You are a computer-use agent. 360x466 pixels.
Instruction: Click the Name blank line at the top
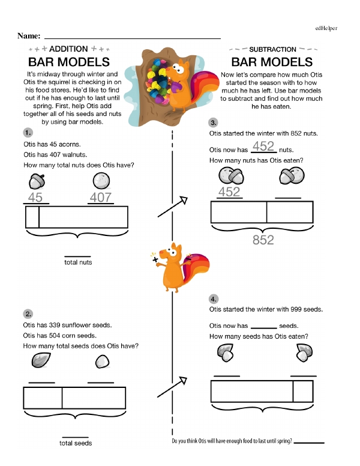[x=132, y=38]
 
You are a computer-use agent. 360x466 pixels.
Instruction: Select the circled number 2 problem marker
[x=28, y=313]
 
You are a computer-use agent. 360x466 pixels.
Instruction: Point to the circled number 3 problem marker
[x=214, y=122]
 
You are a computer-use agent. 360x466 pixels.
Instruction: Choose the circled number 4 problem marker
[x=214, y=298]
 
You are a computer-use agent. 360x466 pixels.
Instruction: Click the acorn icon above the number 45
[x=36, y=181]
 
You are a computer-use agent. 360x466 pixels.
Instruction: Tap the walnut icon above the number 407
[x=101, y=181]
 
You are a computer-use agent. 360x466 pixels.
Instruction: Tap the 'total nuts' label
[x=78, y=262]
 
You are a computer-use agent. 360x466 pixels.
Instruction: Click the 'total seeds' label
[x=76, y=443]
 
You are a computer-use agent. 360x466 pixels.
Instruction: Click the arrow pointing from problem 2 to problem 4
[x=169, y=388]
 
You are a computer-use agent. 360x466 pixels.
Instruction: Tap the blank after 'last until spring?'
[x=310, y=443]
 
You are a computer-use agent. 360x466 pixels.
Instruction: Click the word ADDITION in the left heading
[x=68, y=49]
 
